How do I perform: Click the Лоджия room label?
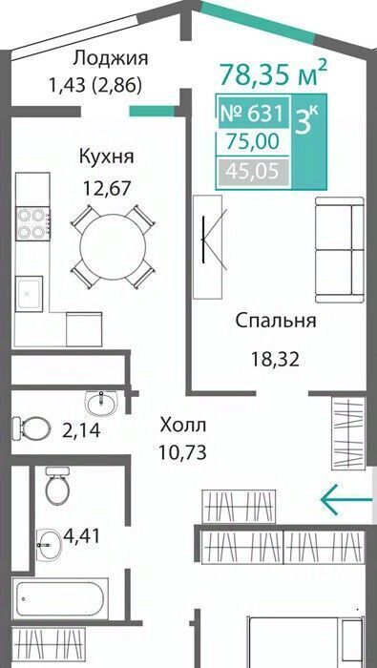click(x=110, y=58)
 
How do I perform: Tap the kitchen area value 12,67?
click(x=106, y=187)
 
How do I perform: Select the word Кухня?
click(x=106, y=157)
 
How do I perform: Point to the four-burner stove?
click(x=32, y=222)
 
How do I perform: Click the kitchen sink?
click(x=29, y=294)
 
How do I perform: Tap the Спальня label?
click(x=275, y=321)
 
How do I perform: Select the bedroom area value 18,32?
click(x=275, y=360)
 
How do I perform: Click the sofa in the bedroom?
click(x=339, y=250)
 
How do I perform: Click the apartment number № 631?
click(x=252, y=114)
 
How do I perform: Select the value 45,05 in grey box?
click(x=253, y=172)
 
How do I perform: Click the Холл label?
click(x=182, y=425)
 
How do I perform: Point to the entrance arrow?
click(x=346, y=499)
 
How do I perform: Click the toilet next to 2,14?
click(x=29, y=428)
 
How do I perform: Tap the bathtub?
click(x=60, y=598)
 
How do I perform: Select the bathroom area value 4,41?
click(x=81, y=535)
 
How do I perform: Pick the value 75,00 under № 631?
click(x=253, y=140)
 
